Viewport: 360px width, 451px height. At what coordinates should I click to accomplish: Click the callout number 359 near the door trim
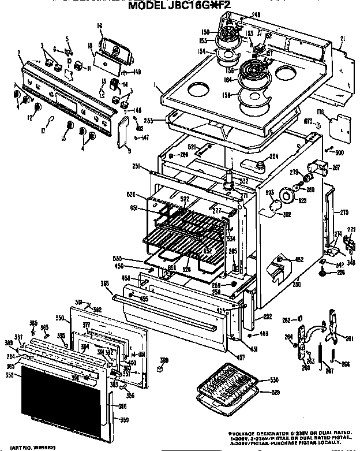tap(125, 429)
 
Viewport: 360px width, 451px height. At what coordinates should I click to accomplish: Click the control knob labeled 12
tap(37, 107)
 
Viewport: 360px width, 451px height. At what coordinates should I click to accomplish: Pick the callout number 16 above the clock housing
tap(99, 26)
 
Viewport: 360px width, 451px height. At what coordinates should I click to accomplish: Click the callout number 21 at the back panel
tap(342, 39)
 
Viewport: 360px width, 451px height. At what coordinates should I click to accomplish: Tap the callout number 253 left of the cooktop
tap(148, 121)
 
